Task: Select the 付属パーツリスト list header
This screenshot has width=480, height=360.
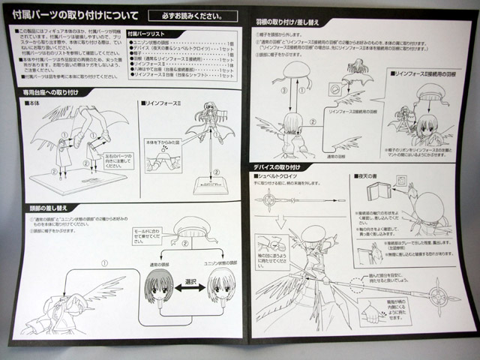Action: pyautogui.click(x=145, y=35)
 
